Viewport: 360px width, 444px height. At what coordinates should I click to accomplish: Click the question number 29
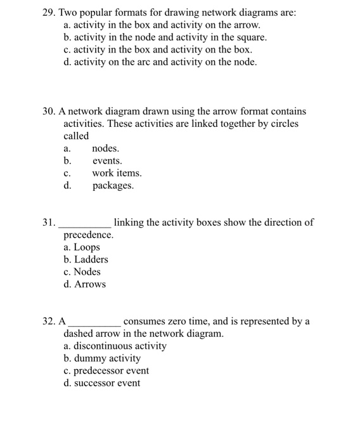pyautogui.click(x=49, y=13)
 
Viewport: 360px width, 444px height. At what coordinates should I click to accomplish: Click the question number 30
pyautogui.click(x=49, y=111)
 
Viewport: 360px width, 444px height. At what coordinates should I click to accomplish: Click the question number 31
pyautogui.click(x=49, y=223)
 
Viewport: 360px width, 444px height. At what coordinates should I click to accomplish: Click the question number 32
pyautogui.click(x=49, y=322)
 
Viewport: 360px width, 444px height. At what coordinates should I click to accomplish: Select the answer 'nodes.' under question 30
pyautogui.click(x=106, y=148)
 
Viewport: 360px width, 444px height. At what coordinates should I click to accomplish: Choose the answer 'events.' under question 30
pyautogui.click(x=107, y=161)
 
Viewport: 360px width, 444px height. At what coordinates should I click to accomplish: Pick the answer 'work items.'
pyautogui.click(x=117, y=173)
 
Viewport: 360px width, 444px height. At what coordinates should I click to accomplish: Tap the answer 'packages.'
pyautogui.click(x=113, y=186)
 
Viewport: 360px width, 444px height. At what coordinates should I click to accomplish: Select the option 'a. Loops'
pyautogui.click(x=82, y=247)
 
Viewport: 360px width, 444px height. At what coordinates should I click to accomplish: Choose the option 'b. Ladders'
pyautogui.click(x=86, y=259)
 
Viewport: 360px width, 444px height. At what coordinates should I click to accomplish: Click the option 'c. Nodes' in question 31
pyautogui.click(x=82, y=272)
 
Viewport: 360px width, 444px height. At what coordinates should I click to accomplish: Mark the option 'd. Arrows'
pyautogui.click(x=85, y=284)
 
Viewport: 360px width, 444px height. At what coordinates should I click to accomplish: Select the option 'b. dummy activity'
pyautogui.click(x=103, y=358)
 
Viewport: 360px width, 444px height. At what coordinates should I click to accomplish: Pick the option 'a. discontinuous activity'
pyautogui.click(x=115, y=346)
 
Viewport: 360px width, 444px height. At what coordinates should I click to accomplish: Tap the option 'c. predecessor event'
pyautogui.click(x=106, y=371)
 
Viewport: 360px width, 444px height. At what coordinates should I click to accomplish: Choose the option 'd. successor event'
pyautogui.click(x=102, y=383)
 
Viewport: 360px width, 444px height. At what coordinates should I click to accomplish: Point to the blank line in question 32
pyautogui.click(x=94, y=324)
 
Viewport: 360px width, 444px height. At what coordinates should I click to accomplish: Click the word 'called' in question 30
pyautogui.click(x=76, y=136)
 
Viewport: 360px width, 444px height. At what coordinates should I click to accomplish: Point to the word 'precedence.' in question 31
pyautogui.click(x=89, y=235)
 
